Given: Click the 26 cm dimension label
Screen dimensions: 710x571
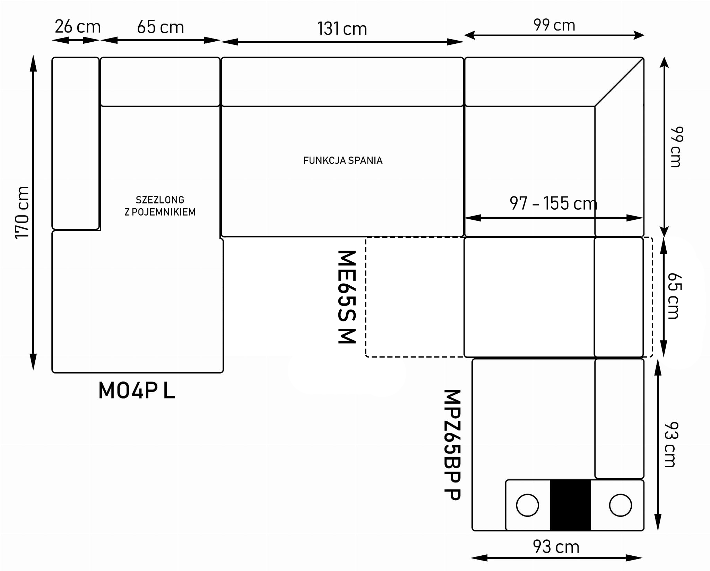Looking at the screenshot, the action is tap(78, 27).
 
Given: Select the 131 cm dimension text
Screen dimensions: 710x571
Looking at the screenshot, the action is tap(342, 29).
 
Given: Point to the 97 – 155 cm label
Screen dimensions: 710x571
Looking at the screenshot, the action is tap(554, 203).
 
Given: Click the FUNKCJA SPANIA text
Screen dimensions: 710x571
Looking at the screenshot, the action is tap(343, 160).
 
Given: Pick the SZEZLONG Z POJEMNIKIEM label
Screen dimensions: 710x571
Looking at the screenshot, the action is tap(160, 206).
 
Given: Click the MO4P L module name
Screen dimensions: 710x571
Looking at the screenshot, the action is tap(137, 391).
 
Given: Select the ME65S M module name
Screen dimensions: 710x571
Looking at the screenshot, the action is tap(347, 297).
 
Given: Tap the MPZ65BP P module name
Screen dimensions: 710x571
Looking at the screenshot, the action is tap(452, 445).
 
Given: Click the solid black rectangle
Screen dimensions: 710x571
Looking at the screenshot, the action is tap(570, 505).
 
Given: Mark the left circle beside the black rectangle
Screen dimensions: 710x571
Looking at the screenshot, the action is tap(527, 505).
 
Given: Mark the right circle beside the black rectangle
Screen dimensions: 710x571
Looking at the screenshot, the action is tap(620, 505).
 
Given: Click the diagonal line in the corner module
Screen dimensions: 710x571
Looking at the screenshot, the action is tap(619, 82).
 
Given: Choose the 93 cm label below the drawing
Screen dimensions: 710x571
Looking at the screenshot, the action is tap(556, 547).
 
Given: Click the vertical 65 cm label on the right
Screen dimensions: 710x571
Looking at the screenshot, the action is tap(675, 296).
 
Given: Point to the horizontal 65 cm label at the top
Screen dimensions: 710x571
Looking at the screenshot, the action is tap(160, 27).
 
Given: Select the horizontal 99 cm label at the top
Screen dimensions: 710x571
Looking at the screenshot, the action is tap(554, 25).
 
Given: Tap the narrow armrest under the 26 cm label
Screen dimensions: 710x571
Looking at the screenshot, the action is tap(76, 143).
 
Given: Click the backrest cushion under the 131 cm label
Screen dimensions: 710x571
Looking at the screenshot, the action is tap(342, 82).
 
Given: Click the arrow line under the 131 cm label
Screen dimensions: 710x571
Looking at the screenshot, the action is tap(342, 42).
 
